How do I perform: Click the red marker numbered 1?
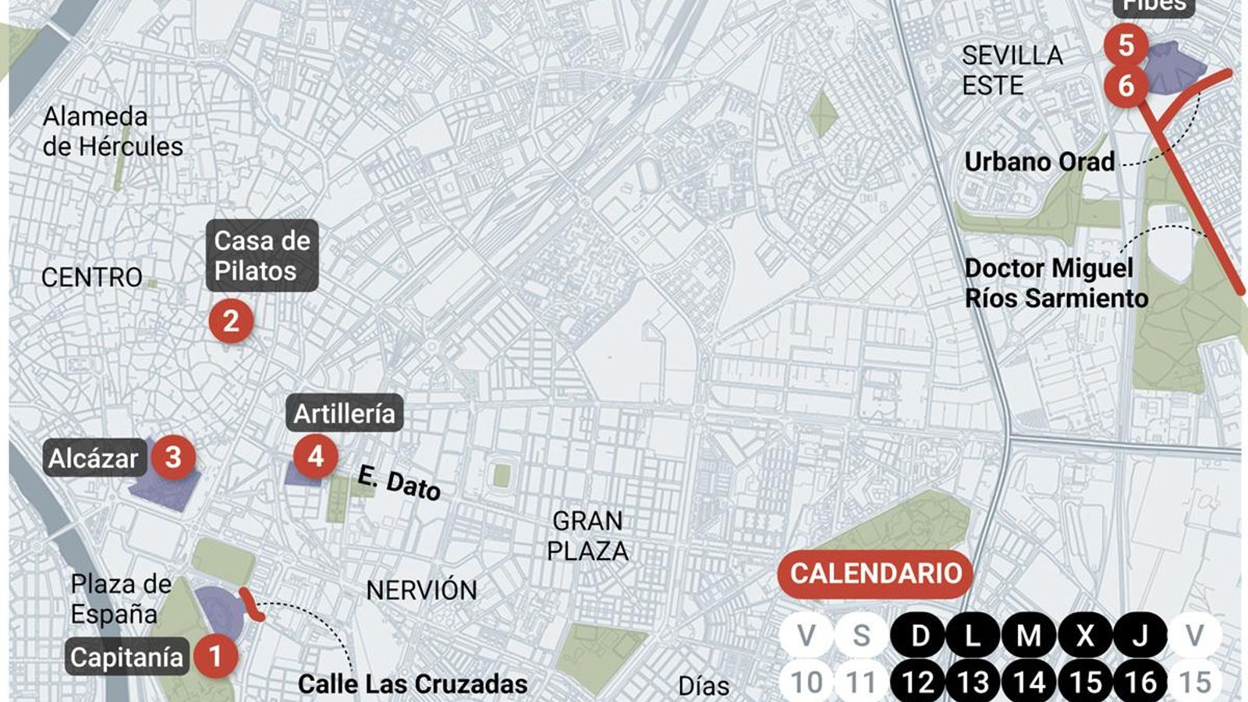[215, 655]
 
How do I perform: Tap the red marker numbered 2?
[231, 321]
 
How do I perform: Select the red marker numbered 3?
[173, 457]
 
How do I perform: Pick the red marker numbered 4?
[315, 456]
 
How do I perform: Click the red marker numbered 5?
[1126, 44]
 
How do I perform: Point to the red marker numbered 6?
[1126, 85]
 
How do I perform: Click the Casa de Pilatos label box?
[262, 256]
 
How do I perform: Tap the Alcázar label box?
[94, 458]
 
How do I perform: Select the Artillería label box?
[344, 413]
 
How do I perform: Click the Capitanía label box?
[126, 657]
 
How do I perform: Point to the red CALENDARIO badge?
[875, 573]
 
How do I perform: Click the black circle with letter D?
[920, 636]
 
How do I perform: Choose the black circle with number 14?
[1030, 682]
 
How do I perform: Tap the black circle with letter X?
[1085, 636]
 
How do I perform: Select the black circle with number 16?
[1140, 682]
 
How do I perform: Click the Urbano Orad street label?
[1039, 161]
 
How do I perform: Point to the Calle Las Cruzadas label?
[413, 684]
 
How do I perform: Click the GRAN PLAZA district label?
[587, 536]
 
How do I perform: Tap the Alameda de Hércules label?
[112, 131]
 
